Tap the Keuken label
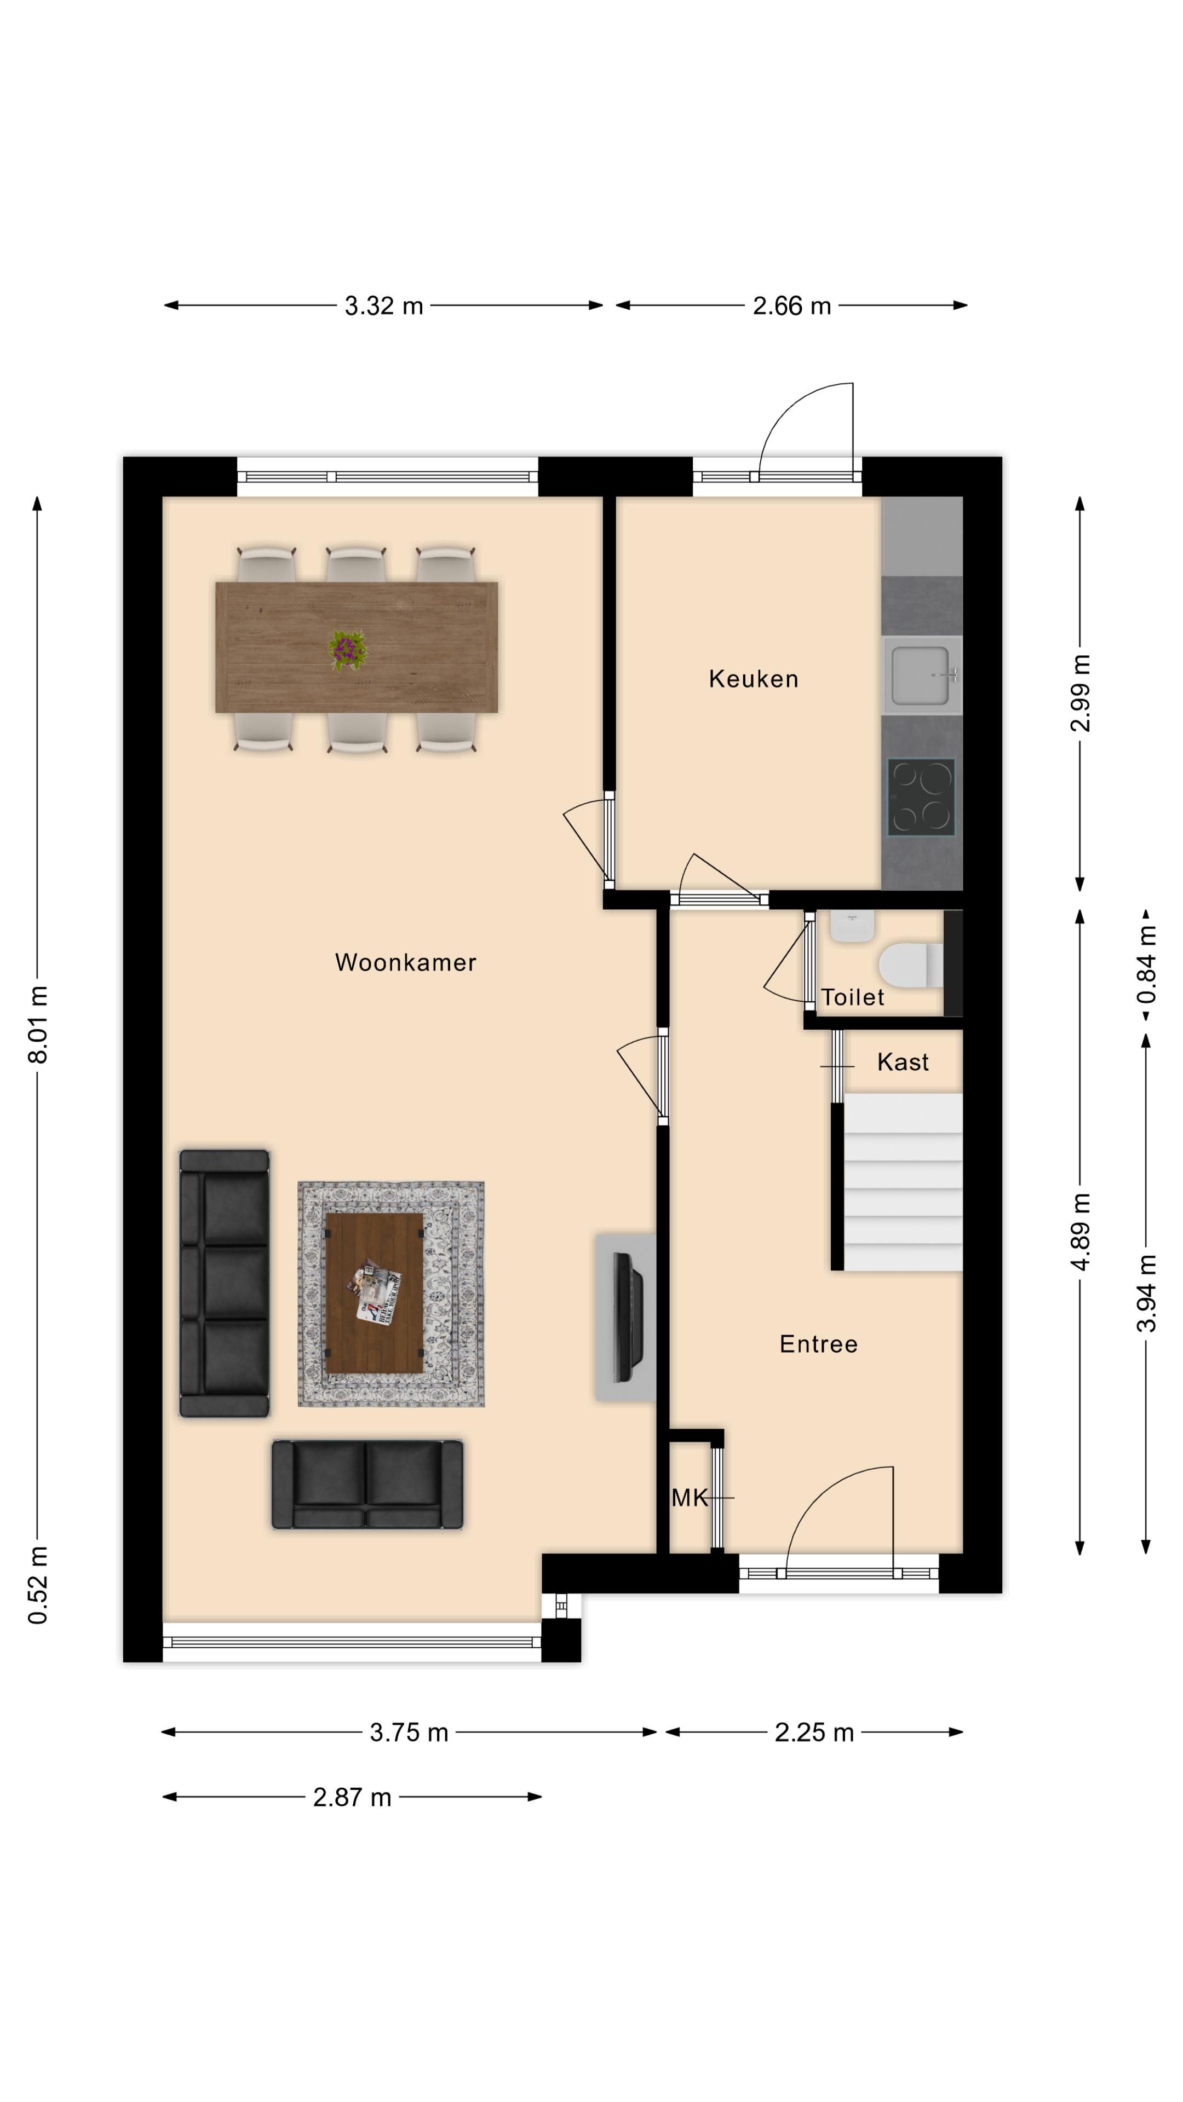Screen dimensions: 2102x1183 [753, 679]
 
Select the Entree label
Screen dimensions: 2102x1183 [818, 1344]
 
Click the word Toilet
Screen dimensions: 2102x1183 [852, 997]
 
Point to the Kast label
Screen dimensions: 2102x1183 [902, 1062]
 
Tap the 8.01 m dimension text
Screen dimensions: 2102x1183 [38, 1024]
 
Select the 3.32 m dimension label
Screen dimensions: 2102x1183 [384, 306]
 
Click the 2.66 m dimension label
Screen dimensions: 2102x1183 [791, 306]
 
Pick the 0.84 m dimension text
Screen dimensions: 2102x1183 [1146, 963]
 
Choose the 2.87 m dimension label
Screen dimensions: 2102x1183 [352, 1798]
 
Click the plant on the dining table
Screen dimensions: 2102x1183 [348, 650]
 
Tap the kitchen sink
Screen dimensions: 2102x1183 [921, 675]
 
